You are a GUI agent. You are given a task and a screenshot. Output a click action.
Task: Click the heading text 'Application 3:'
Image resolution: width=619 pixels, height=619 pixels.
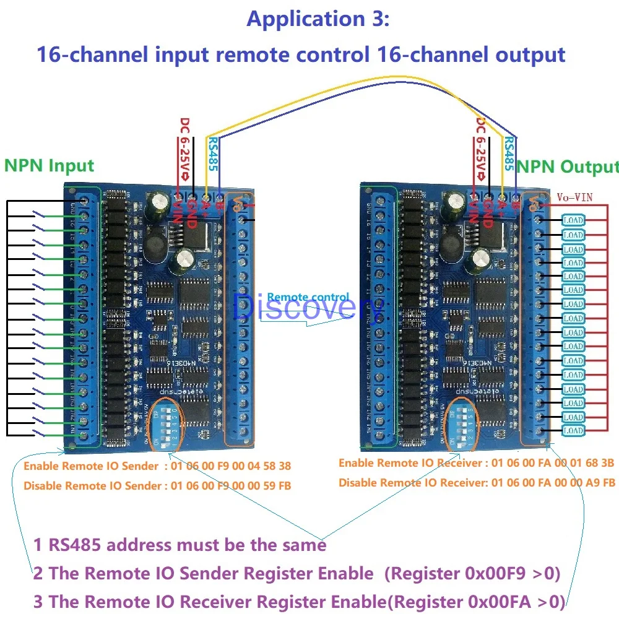pyautogui.click(x=318, y=19)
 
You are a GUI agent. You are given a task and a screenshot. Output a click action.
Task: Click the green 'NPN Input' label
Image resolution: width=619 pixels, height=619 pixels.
pyautogui.click(x=49, y=166)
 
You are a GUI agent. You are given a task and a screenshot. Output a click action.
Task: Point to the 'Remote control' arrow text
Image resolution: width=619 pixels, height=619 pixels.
pyautogui.click(x=308, y=298)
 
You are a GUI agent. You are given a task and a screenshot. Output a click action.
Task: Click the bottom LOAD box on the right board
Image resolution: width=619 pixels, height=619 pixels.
pyautogui.click(x=573, y=431)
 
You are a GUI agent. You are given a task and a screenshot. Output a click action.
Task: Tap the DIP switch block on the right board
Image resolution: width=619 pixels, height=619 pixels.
pyautogui.click(x=462, y=424)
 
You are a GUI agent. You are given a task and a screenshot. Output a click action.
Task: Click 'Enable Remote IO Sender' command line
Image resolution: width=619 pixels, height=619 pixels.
pyautogui.click(x=157, y=466)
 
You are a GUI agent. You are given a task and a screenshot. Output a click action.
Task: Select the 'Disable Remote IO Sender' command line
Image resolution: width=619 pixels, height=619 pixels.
pyautogui.click(x=157, y=486)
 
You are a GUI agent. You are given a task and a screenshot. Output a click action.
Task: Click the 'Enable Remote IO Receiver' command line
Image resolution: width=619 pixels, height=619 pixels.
pyautogui.click(x=476, y=463)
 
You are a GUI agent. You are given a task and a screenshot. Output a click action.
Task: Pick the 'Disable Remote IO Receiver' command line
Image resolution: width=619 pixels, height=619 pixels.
pyautogui.click(x=477, y=482)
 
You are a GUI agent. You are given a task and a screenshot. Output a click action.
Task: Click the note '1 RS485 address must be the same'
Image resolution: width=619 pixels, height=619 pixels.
pyautogui.click(x=180, y=545)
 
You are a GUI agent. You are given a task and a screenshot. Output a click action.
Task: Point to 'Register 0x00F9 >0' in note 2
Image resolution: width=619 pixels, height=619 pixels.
pyautogui.click(x=472, y=573)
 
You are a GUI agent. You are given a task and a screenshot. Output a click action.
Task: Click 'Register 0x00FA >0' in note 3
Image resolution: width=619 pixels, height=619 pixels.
pyautogui.click(x=478, y=601)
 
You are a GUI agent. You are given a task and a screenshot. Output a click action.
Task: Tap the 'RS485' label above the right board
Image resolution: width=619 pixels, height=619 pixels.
pyautogui.click(x=509, y=153)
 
